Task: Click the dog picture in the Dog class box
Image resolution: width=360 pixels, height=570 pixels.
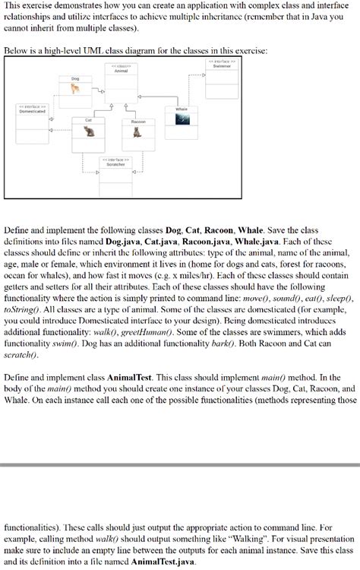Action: (74, 89)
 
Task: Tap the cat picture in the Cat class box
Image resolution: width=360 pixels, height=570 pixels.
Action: (90, 131)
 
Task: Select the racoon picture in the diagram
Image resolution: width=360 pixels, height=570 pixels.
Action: (137, 131)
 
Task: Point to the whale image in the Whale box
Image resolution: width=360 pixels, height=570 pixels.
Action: (180, 119)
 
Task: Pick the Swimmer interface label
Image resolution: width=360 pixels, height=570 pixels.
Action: (220, 65)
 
